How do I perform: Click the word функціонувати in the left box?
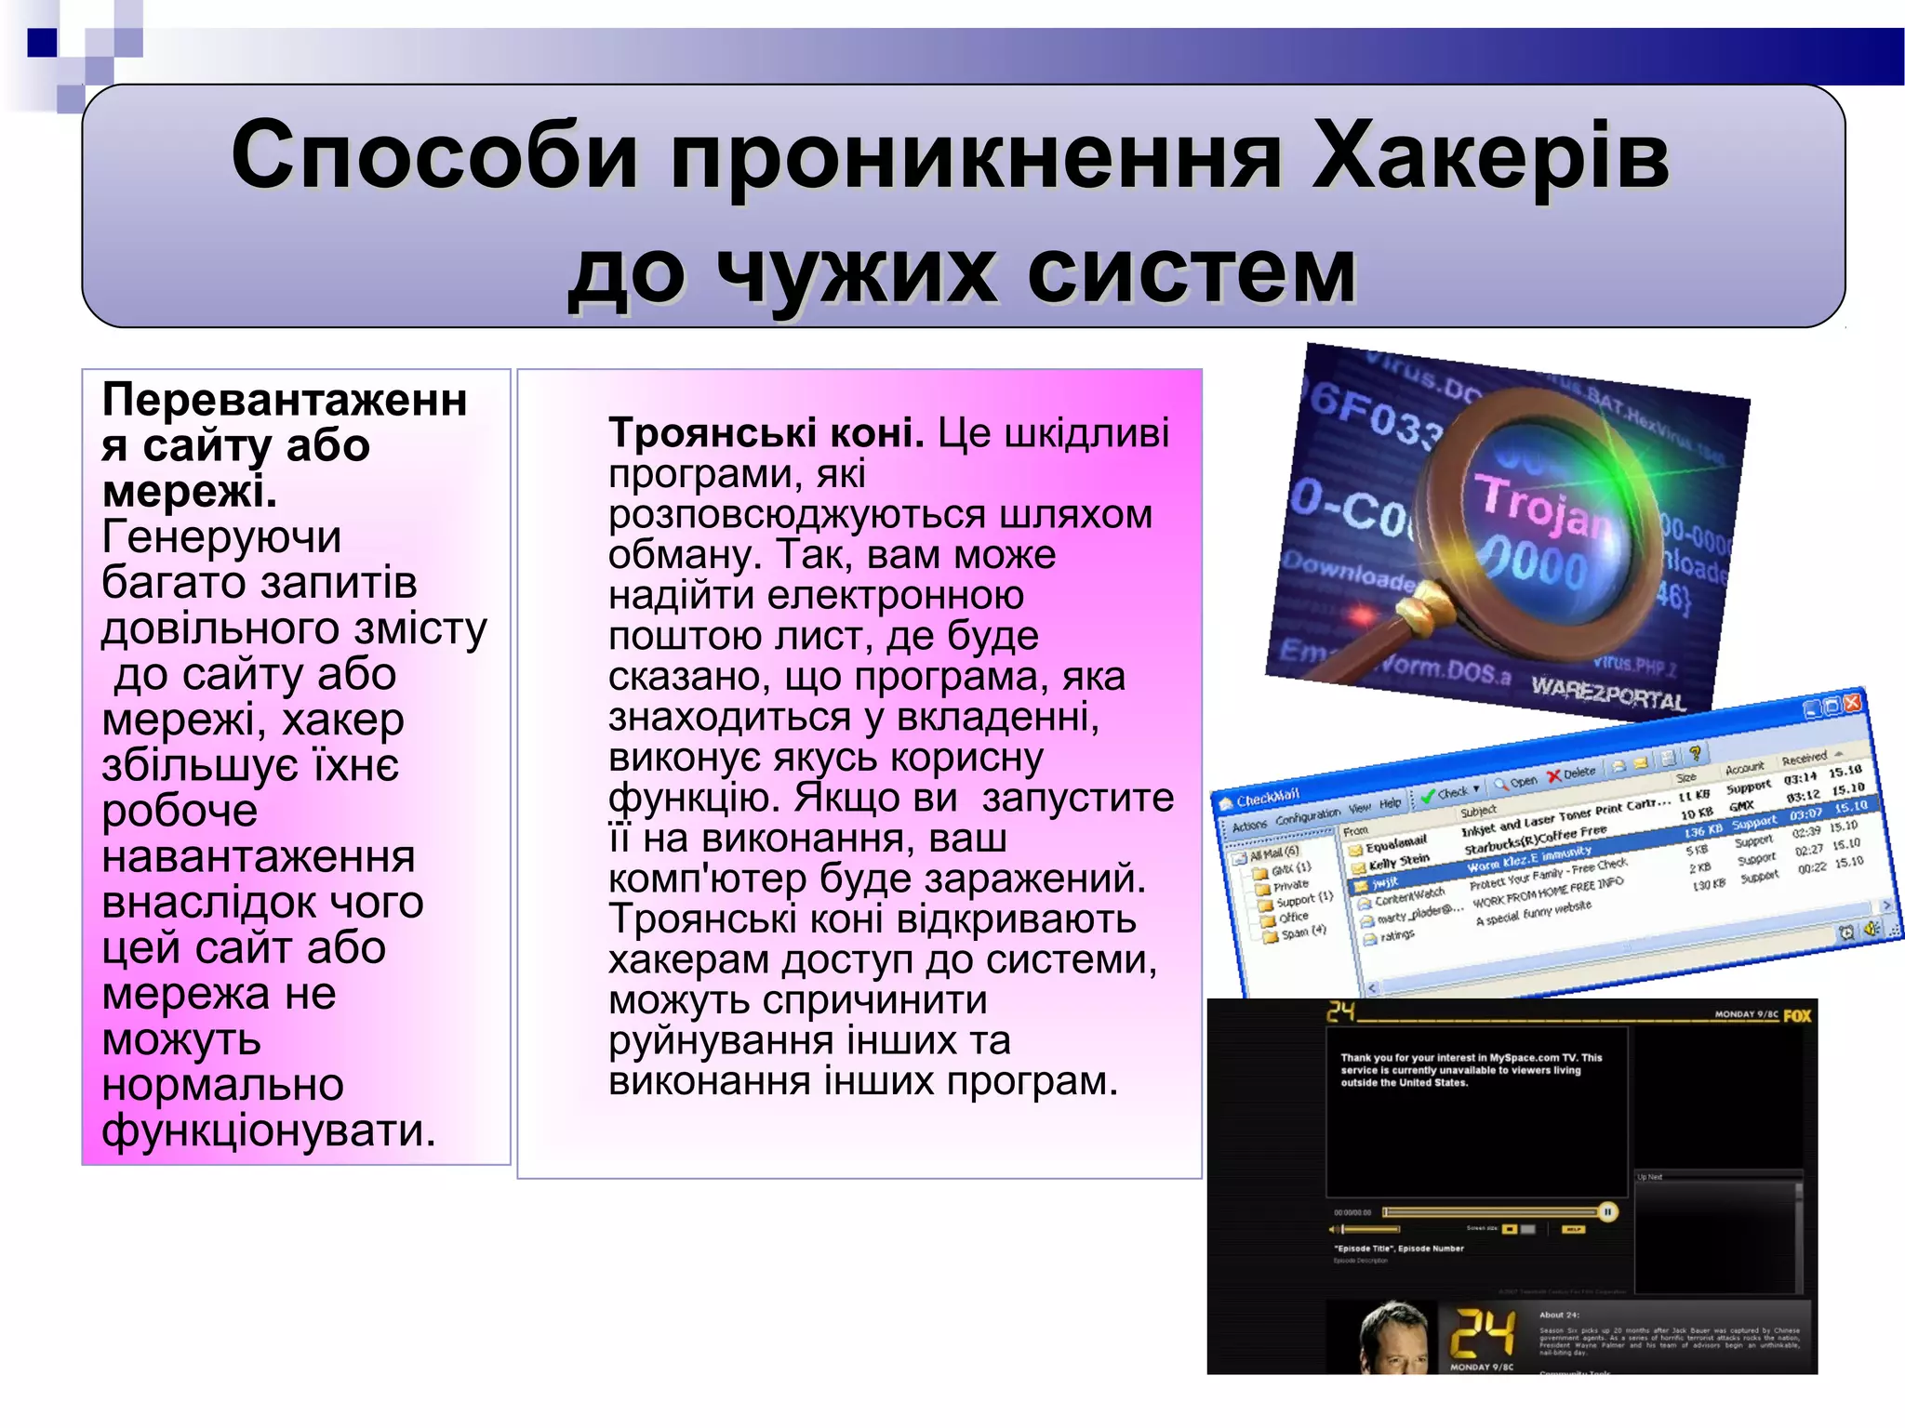(268, 1130)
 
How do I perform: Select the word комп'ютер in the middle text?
(707, 879)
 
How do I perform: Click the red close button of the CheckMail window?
(1852, 703)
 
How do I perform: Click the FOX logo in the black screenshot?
(1796, 1015)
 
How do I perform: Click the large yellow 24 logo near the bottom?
(1483, 1333)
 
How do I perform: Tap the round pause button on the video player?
(1607, 1211)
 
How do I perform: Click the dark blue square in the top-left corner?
(42, 43)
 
